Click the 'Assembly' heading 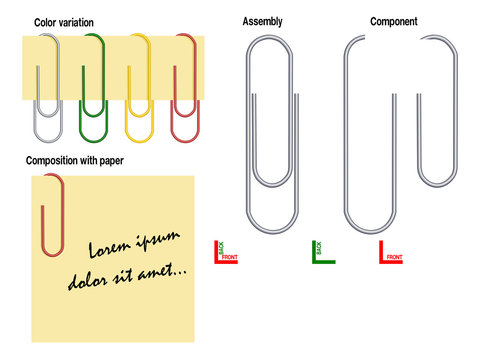[x=262, y=21]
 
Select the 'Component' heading [x=393, y=21]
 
